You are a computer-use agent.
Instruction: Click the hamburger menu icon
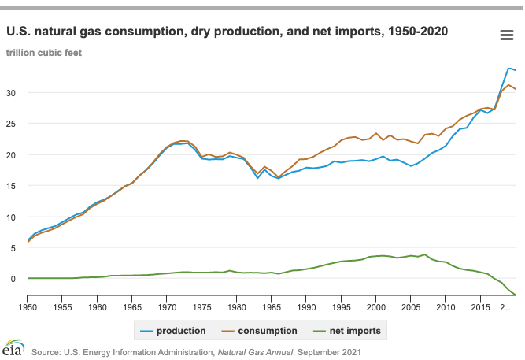click(x=507, y=35)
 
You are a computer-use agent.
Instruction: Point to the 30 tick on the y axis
click(x=11, y=93)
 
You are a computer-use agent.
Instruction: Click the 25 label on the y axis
click(x=11, y=124)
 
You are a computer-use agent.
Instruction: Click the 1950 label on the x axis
click(x=28, y=306)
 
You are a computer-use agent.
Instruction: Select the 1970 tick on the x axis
click(x=167, y=306)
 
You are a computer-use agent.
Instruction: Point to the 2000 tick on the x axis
click(x=376, y=306)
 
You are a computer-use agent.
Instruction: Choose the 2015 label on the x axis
click(x=480, y=306)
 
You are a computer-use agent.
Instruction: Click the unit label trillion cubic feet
click(x=44, y=53)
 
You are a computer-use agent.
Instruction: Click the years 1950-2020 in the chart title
click(x=417, y=32)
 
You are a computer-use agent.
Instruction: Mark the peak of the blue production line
click(x=508, y=68)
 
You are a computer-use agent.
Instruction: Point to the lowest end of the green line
click(x=516, y=295)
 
